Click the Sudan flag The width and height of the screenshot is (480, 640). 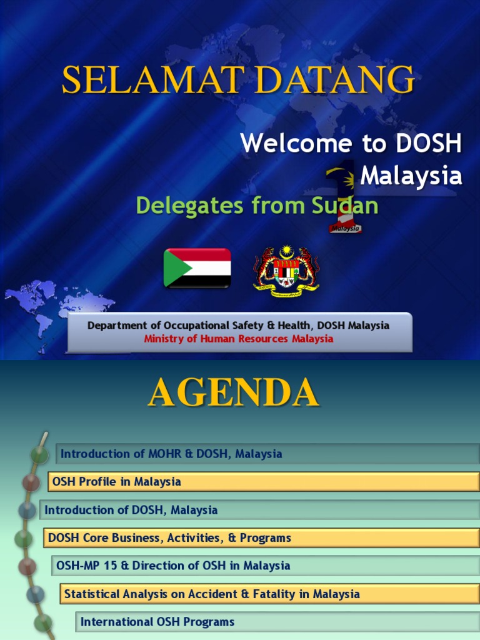coord(197,267)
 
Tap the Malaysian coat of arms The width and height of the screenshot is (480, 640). coord(286,271)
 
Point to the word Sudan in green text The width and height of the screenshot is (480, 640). coord(347,205)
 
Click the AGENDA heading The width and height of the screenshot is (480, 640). coord(233,393)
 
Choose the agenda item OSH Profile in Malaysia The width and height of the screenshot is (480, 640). coord(117,481)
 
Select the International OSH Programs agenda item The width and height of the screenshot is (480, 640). coord(157,621)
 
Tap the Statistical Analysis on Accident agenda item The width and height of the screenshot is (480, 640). coord(212,593)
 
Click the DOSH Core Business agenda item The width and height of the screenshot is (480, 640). coord(169,537)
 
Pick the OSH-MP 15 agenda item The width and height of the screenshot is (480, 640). coord(173,566)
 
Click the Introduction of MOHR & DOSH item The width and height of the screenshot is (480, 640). coord(171,454)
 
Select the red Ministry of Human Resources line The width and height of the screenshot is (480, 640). coord(239,339)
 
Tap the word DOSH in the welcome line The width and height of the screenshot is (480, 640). coord(428,144)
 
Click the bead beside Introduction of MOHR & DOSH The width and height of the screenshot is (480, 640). coord(39,454)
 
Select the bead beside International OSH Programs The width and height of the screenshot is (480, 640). coord(43,622)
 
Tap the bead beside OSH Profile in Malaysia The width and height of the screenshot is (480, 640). coord(31,482)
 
